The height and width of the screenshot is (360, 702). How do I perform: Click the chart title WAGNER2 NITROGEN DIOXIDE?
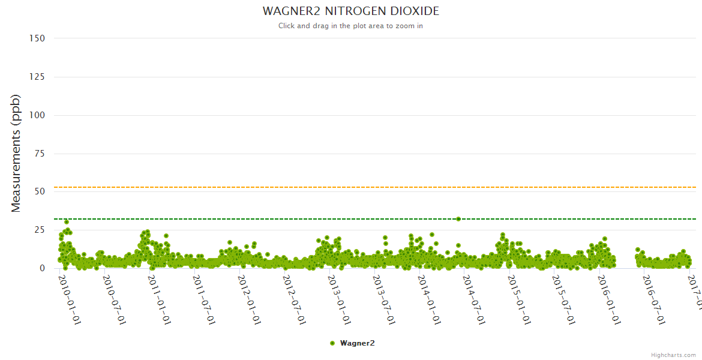tap(350, 11)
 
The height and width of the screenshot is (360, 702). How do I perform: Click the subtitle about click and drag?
tap(350, 26)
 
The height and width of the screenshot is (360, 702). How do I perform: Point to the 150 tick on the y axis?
tap(37, 38)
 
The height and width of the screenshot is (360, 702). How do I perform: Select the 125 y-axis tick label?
tap(37, 77)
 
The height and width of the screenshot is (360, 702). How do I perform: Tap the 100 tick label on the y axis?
tap(37, 115)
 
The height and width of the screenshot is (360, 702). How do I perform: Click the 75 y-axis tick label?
tap(40, 154)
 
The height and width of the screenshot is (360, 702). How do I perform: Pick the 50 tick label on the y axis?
tap(40, 191)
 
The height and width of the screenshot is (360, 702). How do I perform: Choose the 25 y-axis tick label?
tap(40, 230)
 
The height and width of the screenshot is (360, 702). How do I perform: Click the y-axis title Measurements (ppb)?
tap(16, 153)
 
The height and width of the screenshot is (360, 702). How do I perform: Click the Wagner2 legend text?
tap(357, 343)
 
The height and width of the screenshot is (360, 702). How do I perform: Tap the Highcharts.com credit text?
tap(673, 355)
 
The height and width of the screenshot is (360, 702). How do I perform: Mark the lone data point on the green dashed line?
tap(458, 219)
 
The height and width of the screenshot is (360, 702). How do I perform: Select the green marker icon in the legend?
tap(332, 343)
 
